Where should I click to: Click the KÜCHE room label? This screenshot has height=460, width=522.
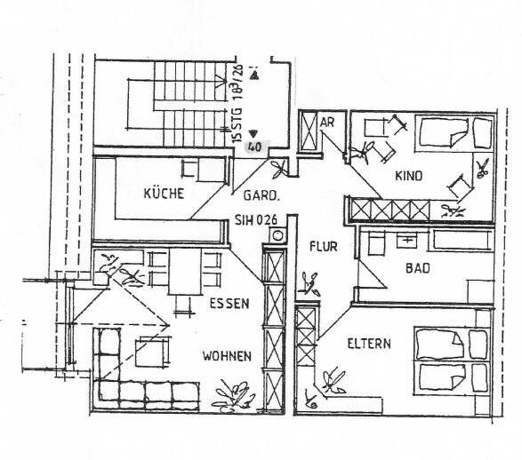(x=164, y=193)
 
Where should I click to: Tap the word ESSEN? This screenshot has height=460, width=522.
(x=229, y=303)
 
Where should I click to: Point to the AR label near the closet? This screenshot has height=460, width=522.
(x=326, y=122)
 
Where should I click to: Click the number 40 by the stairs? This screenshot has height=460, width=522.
(x=255, y=147)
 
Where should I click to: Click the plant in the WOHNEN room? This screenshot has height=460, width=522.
(x=234, y=393)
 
